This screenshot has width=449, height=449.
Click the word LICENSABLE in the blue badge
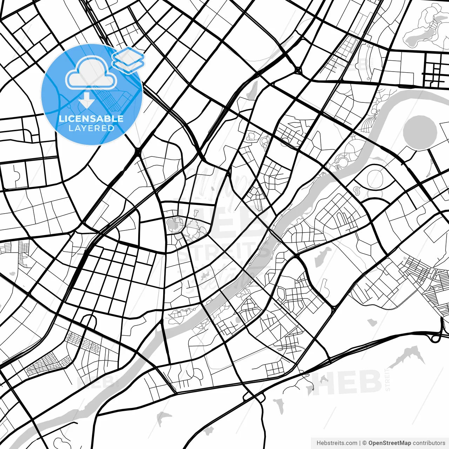91,119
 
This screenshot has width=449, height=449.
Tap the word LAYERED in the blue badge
91,128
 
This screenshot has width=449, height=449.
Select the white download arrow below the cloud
86,101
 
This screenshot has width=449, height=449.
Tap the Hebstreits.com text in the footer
337,443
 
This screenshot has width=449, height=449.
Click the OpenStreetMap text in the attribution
389,443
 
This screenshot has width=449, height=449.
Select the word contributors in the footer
429,443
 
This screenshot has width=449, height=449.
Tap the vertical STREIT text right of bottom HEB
388,379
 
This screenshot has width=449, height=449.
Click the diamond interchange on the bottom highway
253,397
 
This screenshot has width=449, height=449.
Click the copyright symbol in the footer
364,443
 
